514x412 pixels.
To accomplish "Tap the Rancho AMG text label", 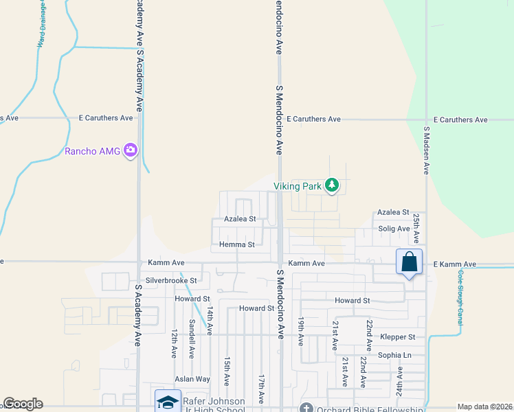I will (92, 151).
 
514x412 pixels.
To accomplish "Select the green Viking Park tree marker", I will (332, 185).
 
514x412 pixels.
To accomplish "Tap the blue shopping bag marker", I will (409, 262).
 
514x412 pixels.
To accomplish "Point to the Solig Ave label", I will (394, 229).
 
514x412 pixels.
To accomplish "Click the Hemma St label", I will (237, 244).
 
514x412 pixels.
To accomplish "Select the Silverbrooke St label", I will (171, 280).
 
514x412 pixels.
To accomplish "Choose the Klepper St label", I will (398, 337).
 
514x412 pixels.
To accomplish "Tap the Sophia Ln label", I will (394, 355).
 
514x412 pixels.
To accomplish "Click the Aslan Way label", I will (192, 379).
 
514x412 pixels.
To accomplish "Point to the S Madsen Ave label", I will (426, 150).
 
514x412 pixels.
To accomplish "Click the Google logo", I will (23, 404).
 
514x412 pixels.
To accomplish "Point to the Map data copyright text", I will (484, 407).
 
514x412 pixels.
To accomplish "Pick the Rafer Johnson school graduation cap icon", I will (168, 402).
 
